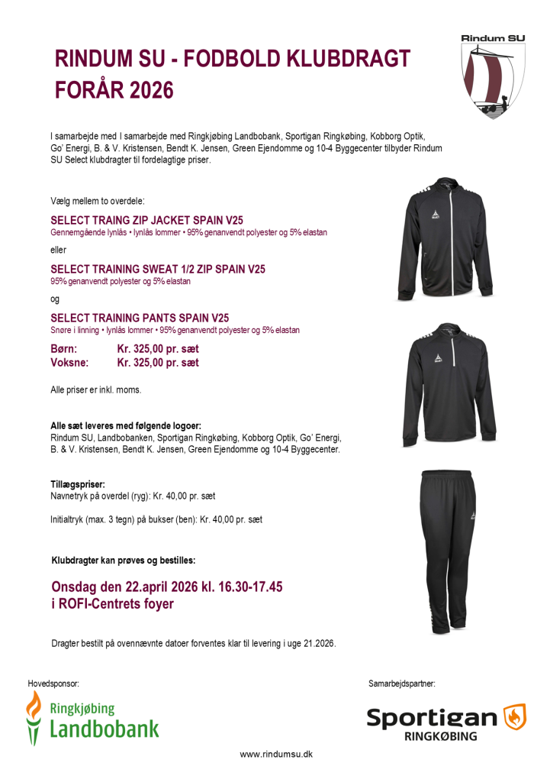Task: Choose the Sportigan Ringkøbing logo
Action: click(446, 722)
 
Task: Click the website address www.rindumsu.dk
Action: click(276, 755)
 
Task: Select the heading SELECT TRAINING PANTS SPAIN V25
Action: click(140, 318)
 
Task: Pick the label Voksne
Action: click(69, 363)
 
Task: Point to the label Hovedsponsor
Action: click(53, 680)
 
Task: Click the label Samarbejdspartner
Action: click(402, 680)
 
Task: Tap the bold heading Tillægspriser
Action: click(78, 484)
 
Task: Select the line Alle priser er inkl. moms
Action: click(96, 389)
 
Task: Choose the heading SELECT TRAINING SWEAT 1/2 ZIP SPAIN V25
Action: click(158, 269)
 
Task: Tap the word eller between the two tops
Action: click(59, 250)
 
